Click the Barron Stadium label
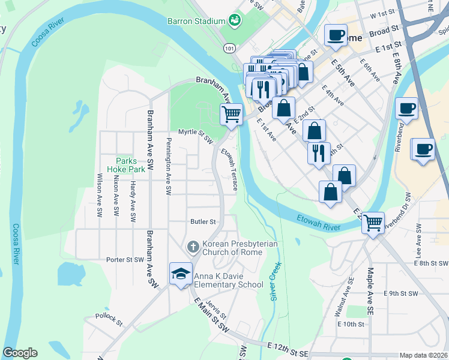coord(200,21)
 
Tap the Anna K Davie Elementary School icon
coord(181,274)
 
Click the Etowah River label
coord(318,221)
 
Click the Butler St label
coord(203,221)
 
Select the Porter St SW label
coord(125,260)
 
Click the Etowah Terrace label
coord(230,170)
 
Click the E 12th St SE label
coord(288,347)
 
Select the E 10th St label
coord(351,324)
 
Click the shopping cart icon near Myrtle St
coord(231,113)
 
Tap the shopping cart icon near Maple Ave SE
coord(373,223)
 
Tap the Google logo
coord(20,353)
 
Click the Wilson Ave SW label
coord(100,195)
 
